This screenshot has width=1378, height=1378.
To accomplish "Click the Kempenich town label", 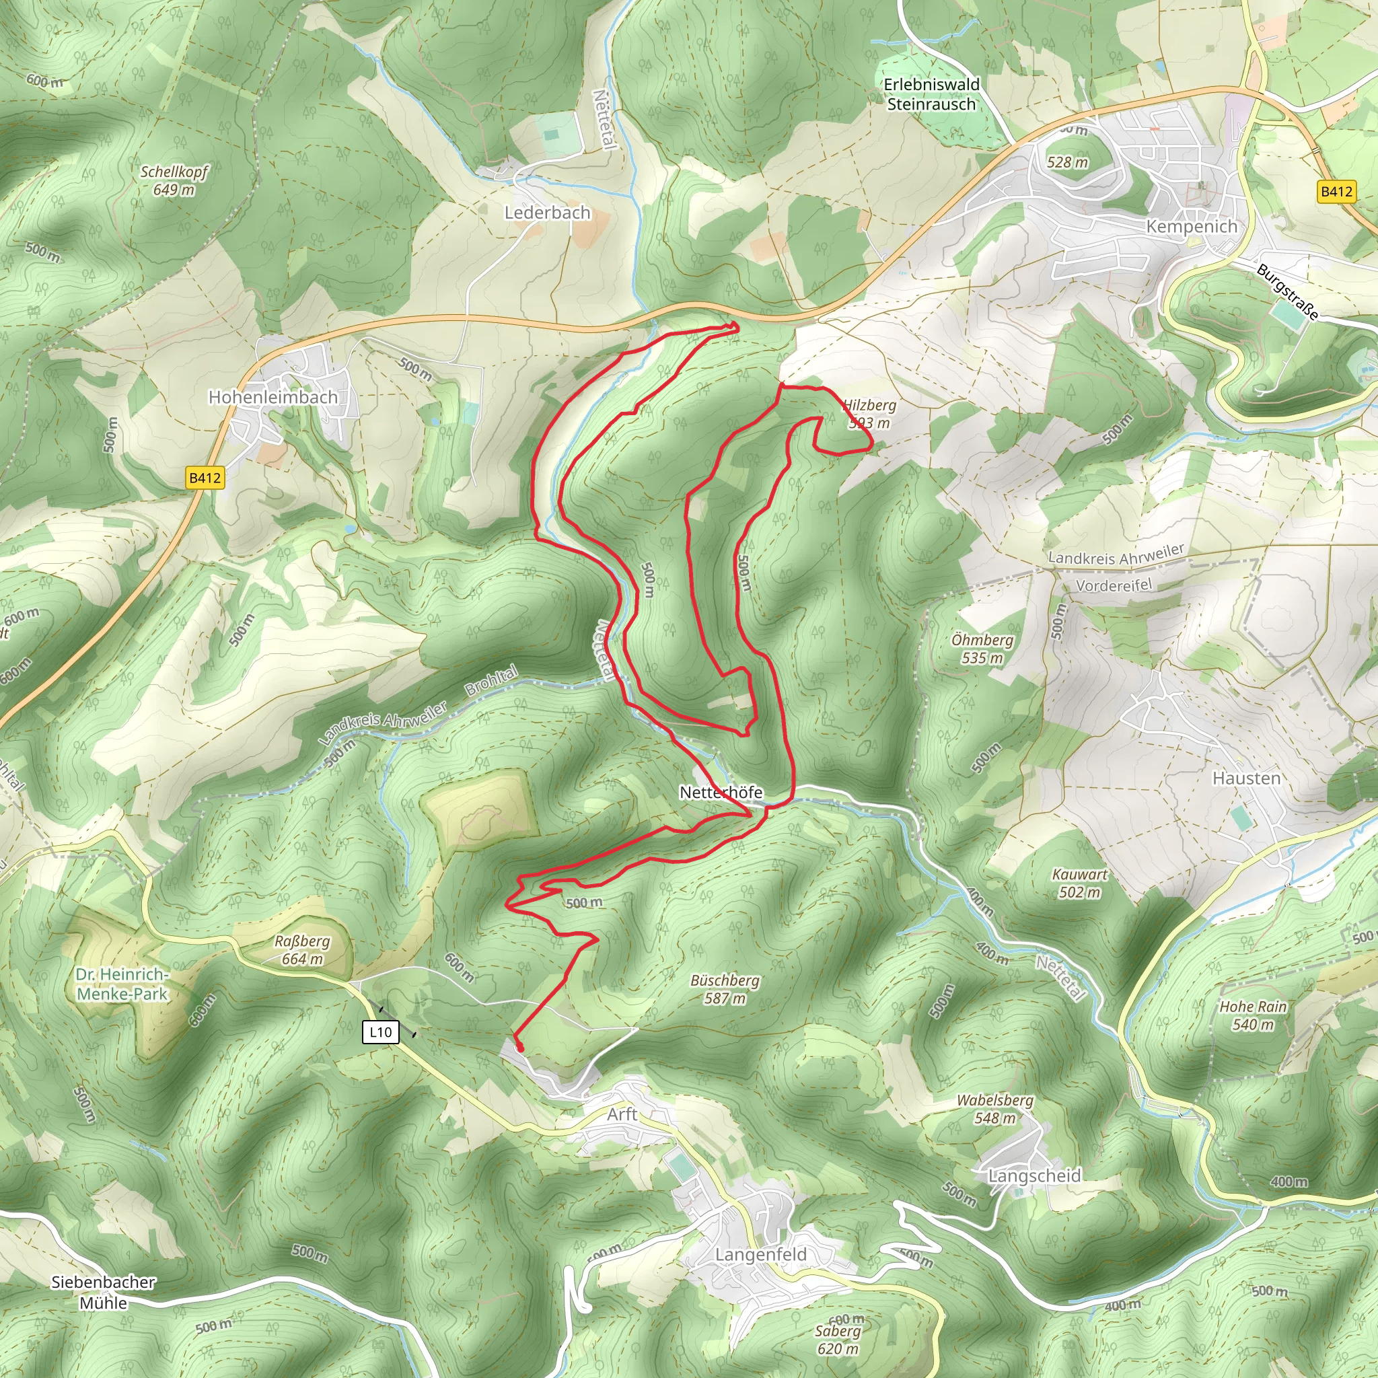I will click(x=1191, y=227).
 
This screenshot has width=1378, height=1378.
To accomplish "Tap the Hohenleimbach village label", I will click(x=273, y=397).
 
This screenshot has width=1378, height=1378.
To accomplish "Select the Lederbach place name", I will click(x=547, y=213).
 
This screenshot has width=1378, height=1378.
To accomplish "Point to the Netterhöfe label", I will click(x=721, y=793).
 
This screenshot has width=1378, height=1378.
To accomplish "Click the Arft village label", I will click(x=622, y=1114).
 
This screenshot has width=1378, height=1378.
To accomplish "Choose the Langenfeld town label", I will click(x=760, y=1255).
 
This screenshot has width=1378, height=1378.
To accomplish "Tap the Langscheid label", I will click(x=1034, y=1175).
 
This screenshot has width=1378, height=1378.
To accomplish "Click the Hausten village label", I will click(x=1246, y=778).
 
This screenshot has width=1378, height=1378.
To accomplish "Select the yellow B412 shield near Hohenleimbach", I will click(x=205, y=478).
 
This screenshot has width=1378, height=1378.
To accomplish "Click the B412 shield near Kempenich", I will click(x=1335, y=191).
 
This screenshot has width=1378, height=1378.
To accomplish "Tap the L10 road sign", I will click(x=380, y=1032).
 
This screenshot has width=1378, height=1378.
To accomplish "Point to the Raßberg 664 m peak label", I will click(x=302, y=950).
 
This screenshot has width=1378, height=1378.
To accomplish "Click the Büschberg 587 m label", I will click(x=725, y=989).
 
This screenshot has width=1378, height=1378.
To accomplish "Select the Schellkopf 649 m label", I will click(x=174, y=180).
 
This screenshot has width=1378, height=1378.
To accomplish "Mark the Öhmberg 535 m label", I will click(x=982, y=649).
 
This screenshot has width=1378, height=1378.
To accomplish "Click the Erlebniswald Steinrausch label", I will click(x=931, y=94).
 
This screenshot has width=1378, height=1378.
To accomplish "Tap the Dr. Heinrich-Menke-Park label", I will click(x=122, y=984).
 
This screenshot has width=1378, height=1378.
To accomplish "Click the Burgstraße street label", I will click(x=1286, y=292).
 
